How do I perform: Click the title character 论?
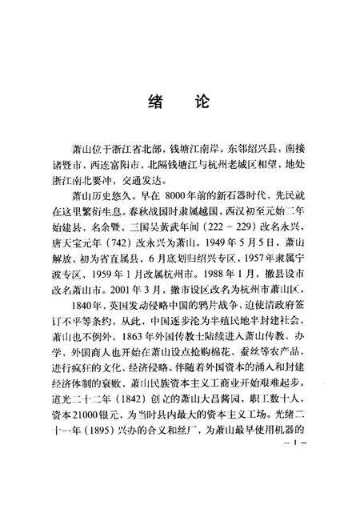pyautogui.click(x=201, y=104)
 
